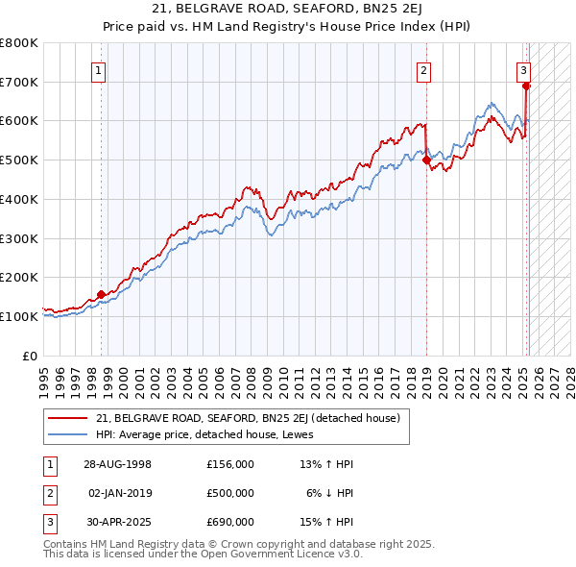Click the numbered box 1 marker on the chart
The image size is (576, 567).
100,69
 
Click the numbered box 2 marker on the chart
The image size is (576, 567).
423,69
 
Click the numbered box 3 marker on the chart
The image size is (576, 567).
523,69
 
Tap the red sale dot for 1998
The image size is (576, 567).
101,295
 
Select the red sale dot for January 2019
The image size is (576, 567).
425,160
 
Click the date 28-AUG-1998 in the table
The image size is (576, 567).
117,464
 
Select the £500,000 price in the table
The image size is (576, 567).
229,493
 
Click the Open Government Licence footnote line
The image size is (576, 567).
203,555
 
